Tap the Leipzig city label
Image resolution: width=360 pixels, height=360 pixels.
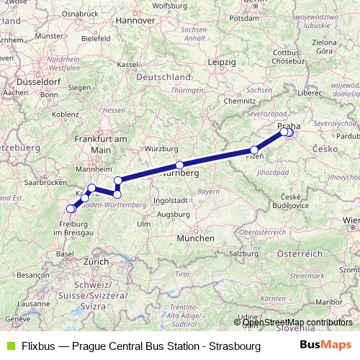coord(221,63)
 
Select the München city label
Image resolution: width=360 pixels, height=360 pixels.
coord(197,238)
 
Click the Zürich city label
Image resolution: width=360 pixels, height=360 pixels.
coord(97,263)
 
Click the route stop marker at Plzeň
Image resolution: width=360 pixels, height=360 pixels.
coord(254,150)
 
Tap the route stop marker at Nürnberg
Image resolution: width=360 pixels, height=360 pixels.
coord(179,165)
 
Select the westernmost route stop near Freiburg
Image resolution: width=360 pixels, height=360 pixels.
coord(71,209)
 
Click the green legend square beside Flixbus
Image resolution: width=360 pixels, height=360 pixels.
coord(8,346)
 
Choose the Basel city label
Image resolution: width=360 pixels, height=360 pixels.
coord(66,254)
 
